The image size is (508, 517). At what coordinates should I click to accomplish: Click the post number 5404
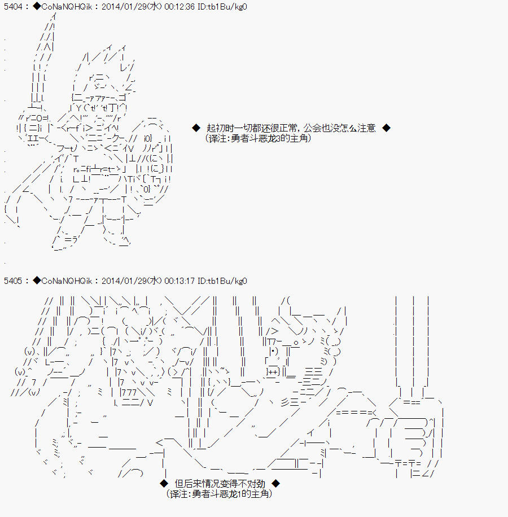coord(13,7)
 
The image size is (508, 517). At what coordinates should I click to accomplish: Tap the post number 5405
coord(13,281)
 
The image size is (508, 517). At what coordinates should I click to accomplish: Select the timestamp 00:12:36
coord(179,7)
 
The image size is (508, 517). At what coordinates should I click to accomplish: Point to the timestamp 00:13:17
coord(179,281)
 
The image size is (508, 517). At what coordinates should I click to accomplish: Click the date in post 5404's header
coord(132,7)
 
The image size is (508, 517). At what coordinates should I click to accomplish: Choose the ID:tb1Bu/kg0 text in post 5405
coord(222,281)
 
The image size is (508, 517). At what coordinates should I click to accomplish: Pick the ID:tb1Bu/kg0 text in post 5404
coord(222,7)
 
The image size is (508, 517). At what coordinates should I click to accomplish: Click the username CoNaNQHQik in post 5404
coord(67,7)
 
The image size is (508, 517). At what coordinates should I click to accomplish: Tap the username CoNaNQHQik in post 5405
coord(67,281)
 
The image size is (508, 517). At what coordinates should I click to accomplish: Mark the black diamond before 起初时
coord(196,128)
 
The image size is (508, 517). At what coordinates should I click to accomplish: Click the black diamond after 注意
coord(386,128)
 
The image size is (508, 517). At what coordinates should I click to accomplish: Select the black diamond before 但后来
coord(164,483)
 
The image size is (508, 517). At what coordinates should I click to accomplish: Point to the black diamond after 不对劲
coord(276,483)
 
